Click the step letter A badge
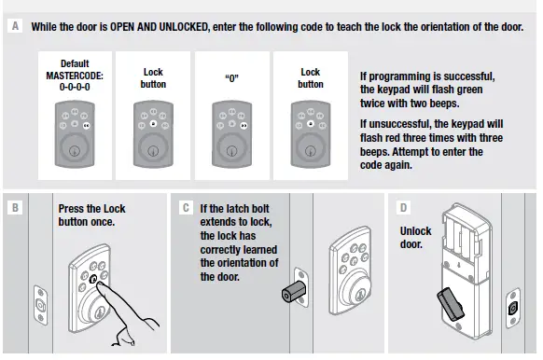(x=15, y=26)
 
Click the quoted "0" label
(x=232, y=78)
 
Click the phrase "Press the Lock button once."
(x=91, y=215)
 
